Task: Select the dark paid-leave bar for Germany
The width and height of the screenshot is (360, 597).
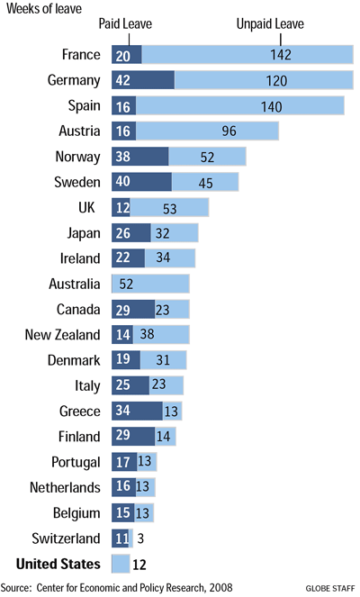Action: [x=142, y=80]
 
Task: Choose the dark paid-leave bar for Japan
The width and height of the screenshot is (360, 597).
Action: [x=130, y=232]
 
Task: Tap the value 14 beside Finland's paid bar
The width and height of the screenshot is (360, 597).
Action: [x=163, y=437]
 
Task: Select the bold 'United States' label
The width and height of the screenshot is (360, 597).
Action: [x=53, y=565]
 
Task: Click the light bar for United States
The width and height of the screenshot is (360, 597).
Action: [x=121, y=565]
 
